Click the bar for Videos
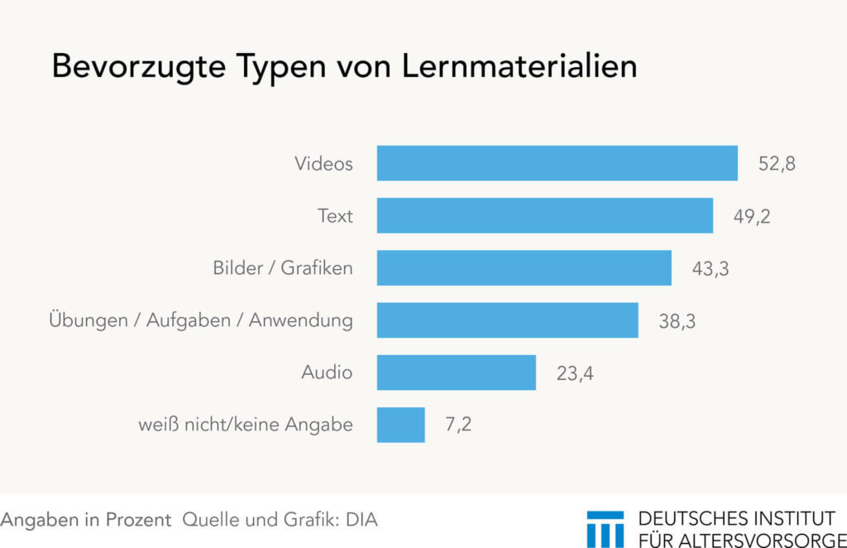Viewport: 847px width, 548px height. (557, 163)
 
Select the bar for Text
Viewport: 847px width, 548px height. (544, 215)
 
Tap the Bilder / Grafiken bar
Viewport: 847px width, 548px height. (524, 267)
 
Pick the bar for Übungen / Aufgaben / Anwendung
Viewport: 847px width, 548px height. (507, 320)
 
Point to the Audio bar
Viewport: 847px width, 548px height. (456, 372)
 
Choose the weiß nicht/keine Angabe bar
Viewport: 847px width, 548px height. (400, 424)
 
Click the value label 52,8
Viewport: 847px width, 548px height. (777, 164)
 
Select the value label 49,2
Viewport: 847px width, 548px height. (752, 216)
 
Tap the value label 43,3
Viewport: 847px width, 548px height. (711, 268)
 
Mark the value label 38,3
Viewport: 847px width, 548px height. (677, 320)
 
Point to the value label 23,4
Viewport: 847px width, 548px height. (575, 373)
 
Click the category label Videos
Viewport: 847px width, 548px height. (323, 164)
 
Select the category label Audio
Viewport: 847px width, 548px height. (327, 373)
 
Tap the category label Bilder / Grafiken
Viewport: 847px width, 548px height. (282, 268)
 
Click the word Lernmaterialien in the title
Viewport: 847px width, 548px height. (519, 67)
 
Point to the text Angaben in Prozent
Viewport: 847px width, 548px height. (86, 520)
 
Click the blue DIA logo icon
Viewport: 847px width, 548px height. (605, 529)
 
